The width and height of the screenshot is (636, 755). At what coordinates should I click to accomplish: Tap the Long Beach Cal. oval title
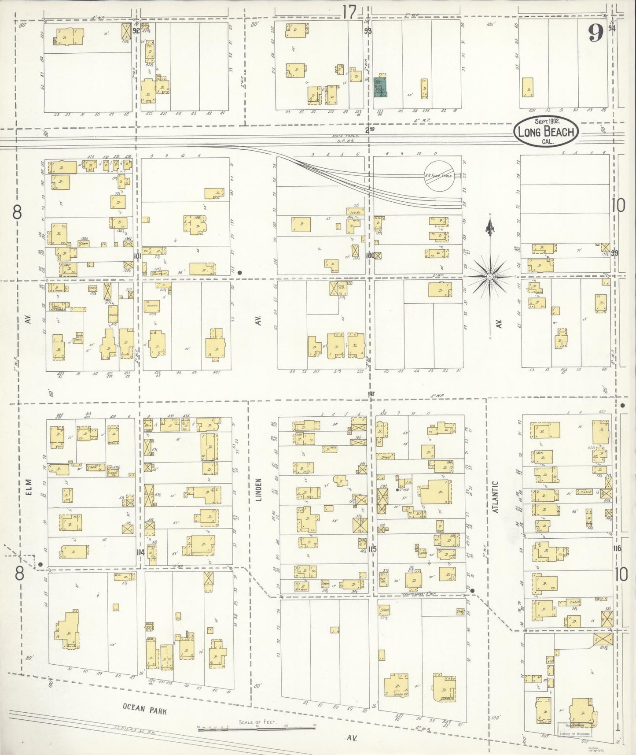pos(545,131)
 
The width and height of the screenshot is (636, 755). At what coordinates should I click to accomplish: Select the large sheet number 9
pos(596,33)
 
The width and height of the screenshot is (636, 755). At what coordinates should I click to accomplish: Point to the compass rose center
pos(489,276)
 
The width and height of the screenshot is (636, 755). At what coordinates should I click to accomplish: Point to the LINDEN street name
pos(259,489)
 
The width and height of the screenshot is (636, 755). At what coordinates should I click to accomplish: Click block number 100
pos(370,255)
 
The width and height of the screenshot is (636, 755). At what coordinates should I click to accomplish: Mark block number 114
pos(140,553)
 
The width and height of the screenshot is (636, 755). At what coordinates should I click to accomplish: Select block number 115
pos(372,549)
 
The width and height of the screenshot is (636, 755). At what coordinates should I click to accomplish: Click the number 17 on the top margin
pos(349,13)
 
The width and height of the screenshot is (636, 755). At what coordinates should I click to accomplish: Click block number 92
pos(136,31)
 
